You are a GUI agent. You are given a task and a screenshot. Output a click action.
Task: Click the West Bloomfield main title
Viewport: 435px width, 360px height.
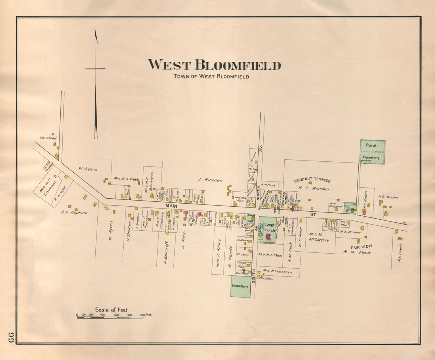coord(214,65)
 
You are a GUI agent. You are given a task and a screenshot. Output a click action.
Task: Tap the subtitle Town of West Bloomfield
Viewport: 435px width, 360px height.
coord(211,76)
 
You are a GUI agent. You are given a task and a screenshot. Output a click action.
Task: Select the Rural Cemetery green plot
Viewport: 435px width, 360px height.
coord(372,152)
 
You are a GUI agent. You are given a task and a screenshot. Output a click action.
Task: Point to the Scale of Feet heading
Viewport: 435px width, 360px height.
coord(111,310)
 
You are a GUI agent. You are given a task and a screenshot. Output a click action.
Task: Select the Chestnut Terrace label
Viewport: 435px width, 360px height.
coord(312,180)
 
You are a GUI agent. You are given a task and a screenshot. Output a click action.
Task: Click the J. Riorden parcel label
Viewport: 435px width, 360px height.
coord(210,180)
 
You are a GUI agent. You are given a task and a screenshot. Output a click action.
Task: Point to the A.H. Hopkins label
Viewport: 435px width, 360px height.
coord(74,212)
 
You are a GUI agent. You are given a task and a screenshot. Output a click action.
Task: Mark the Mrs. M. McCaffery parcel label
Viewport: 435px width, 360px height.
coord(319,237)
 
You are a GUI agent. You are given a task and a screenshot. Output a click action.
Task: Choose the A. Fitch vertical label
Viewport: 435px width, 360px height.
coord(184,240)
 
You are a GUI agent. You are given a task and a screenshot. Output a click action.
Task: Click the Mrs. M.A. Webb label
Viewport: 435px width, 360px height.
coord(126,178)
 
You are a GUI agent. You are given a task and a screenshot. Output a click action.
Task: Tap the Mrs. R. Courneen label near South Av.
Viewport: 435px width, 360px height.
coord(277,272)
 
